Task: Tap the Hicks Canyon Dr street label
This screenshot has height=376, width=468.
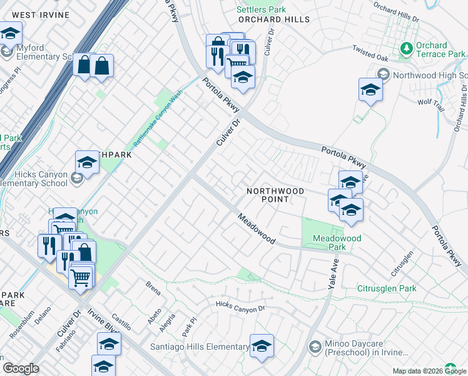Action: pyautogui.click(x=240, y=306)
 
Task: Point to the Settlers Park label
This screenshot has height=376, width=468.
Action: pyautogui.click(x=261, y=9)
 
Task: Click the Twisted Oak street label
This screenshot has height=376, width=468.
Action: pyautogui.click(x=370, y=53)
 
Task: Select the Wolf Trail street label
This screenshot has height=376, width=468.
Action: pyautogui.click(x=430, y=105)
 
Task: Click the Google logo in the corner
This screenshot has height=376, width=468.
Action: pyautogui.click(x=21, y=368)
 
